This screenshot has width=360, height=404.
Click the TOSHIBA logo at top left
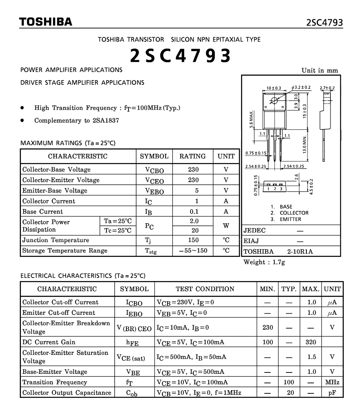46,22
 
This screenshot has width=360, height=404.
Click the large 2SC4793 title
180,55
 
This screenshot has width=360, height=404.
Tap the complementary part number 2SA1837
106,120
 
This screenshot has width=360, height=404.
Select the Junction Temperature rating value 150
193,240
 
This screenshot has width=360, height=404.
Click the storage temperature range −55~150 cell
193,251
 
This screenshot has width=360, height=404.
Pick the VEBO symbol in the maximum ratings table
154,191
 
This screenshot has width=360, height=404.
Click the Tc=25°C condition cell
118,230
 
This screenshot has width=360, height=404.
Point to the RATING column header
192,156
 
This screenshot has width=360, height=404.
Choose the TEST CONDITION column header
205,289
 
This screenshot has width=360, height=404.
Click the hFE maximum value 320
311,342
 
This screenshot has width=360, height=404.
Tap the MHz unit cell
332,382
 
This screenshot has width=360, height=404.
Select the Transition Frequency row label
55,382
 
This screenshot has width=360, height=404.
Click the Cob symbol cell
132,393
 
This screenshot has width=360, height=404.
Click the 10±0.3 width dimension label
273,88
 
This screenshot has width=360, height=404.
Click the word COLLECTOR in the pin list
294,213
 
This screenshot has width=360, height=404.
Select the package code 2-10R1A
300,252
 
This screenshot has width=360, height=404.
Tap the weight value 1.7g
278,262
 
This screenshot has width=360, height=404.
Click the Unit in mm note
320,71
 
